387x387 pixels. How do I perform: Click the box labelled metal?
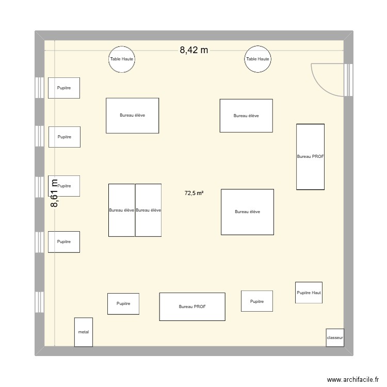pyautogui.click(x=84, y=332)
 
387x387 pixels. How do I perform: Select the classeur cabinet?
pyautogui.click(x=334, y=337)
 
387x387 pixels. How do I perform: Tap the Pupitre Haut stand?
pyautogui.click(x=309, y=293)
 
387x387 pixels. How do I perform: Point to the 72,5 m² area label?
pyautogui.click(x=193, y=193)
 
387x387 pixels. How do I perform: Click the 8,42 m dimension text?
pyautogui.click(x=193, y=50)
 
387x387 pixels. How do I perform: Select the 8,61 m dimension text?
pyautogui.click(x=54, y=193)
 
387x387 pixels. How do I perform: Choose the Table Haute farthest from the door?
pyautogui.click(x=122, y=59)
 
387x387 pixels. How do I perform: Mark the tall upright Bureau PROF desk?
pyautogui.click(x=310, y=156)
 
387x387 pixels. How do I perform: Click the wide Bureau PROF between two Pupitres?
pyautogui.click(x=192, y=307)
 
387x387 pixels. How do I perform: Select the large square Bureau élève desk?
pyautogui.click(x=247, y=212)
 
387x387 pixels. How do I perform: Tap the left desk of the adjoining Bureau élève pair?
pyautogui.click(x=122, y=210)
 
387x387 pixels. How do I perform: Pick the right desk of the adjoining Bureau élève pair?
pyautogui.click(x=149, y=210)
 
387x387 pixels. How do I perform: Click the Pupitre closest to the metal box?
pyautogui.click(x=123, y=303)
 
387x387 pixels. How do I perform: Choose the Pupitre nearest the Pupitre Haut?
pyautogui.click(x=256, y=301)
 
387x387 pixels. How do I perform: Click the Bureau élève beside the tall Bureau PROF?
pyautogui.click(x=246, y=116)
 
